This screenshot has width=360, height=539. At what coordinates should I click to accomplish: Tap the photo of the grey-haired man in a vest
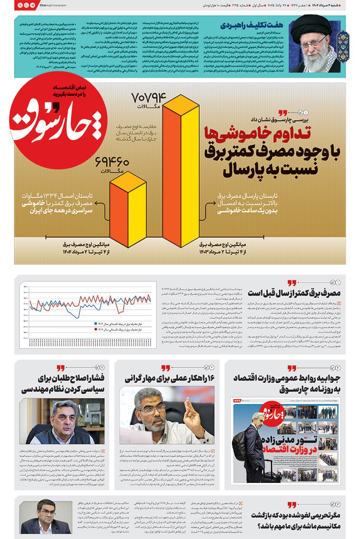(x=62, y=421)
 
